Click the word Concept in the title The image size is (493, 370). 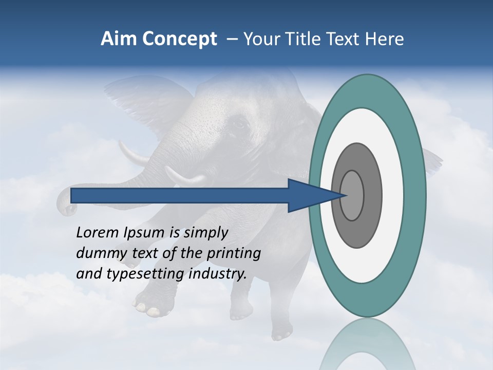[x=179, y=39]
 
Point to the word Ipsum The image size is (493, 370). [x=144, y=233]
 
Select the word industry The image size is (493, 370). [x=218, y=274]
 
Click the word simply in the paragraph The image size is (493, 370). [x=205, y=233]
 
